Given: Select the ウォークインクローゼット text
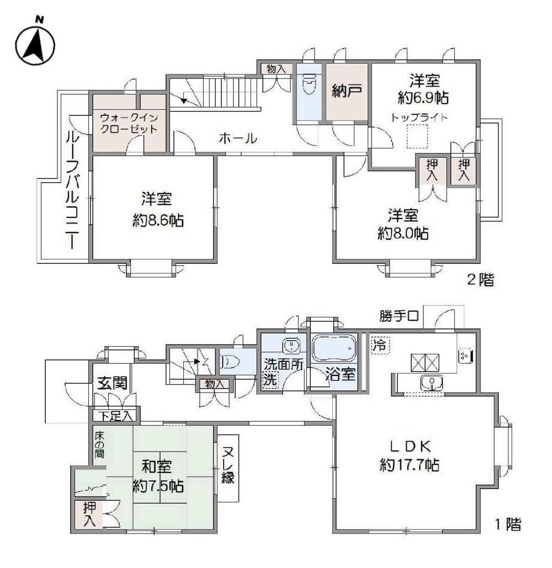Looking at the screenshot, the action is point(129,123).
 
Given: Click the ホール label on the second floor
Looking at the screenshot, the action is point(238,138).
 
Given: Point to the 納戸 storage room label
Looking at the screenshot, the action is point(347,91).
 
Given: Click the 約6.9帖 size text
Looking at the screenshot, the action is point(423,98).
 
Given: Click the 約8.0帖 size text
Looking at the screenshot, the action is point(403,233).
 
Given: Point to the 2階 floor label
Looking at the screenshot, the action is point(480,280).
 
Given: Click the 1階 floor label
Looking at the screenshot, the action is point(508,524).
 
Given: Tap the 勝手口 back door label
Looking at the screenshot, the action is point(399,316).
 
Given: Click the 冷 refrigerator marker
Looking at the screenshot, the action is point(380,344).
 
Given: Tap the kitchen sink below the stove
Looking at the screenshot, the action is point(431,383).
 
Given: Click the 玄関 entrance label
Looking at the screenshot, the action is point(113,383).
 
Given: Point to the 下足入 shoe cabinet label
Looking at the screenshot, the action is point(116,416).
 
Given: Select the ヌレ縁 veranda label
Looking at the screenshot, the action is point(228,465).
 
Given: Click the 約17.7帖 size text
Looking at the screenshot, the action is point(409,464).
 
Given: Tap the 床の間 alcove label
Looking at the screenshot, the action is point(99,444).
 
